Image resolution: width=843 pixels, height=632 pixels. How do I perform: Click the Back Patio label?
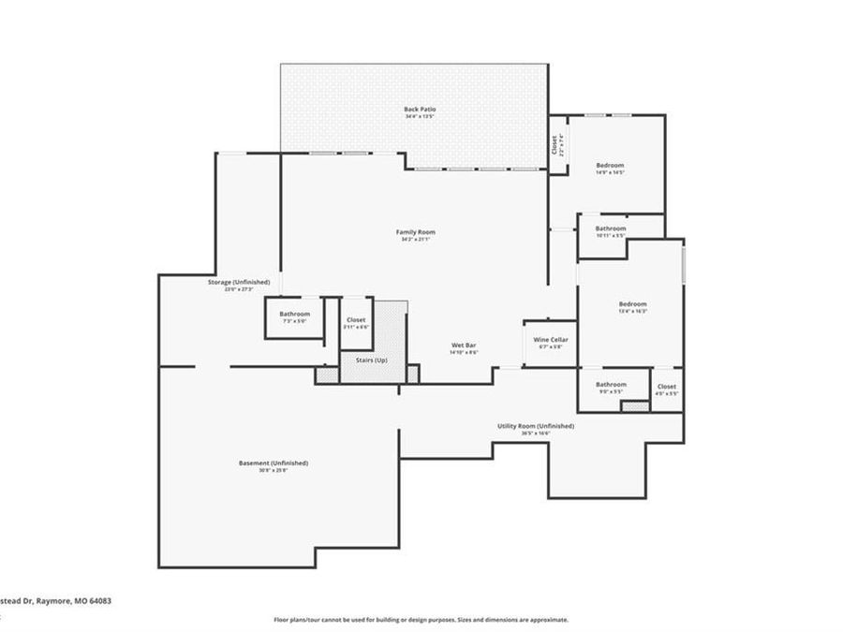[420, 110]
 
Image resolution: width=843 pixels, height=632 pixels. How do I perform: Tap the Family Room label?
[415, 232]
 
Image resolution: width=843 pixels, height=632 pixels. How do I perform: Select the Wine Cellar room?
[551, 343]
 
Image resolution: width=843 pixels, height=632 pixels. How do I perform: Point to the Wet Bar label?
[464, 345]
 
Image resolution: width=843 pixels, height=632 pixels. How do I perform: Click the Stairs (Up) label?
[371, 360]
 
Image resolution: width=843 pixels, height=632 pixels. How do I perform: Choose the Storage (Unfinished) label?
[239, 282]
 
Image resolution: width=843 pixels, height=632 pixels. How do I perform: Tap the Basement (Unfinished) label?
[272, 463]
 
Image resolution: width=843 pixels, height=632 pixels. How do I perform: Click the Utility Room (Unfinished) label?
[536, 426]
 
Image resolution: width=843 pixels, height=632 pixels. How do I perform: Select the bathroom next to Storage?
[294, 316]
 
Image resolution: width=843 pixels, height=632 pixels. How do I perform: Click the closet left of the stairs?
[356, 323]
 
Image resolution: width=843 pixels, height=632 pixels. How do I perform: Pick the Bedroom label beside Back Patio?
[610, 165]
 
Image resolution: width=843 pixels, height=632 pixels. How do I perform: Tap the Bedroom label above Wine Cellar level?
[632, 304]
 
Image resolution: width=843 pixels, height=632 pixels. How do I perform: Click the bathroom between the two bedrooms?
[611, 228]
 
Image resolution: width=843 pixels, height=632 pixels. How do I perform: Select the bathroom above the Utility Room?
[611, 384]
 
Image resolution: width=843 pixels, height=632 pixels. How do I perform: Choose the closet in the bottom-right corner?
[666, 389]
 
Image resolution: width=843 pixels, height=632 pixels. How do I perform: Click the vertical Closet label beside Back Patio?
[555, 145]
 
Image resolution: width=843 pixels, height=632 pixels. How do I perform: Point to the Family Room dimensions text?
[415, 240]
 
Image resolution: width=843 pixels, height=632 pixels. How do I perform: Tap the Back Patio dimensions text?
[420, 117]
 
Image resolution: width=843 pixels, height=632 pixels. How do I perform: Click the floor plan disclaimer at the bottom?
[421, 620]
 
